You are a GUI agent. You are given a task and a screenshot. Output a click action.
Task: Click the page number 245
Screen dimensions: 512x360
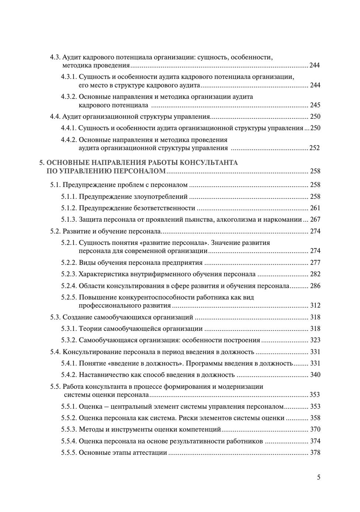(x=315, y=105)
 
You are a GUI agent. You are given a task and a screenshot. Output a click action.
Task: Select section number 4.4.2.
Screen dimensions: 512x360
(x=69, y=140)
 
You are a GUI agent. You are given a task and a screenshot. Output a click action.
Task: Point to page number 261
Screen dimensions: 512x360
(x=315, y=208)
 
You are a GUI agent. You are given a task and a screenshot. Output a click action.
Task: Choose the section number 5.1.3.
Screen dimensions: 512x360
(x=69, y=219)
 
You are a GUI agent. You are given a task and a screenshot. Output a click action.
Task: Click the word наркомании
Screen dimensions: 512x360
(x=285, y=219)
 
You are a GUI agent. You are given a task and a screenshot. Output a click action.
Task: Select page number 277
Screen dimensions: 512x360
(x=315, y=263)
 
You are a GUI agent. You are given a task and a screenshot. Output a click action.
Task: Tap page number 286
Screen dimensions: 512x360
(x=315, y=286)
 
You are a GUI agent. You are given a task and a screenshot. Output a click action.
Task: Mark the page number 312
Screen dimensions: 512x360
(x=315, y=305)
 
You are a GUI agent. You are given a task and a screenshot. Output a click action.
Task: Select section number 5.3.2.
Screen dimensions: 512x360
(x=69, y=340)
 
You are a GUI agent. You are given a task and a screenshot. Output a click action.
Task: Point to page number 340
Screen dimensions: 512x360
(x=315, y=375)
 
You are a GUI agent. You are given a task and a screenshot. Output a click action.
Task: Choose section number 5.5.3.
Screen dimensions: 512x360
(x=69, y=429)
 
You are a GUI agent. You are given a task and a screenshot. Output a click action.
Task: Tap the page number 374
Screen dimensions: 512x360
(x=315, y=441)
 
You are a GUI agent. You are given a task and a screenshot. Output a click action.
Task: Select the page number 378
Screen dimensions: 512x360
(x=315, y=453)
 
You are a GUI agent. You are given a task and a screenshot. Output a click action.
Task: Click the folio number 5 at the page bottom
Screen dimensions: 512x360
(x=319, y=477)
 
